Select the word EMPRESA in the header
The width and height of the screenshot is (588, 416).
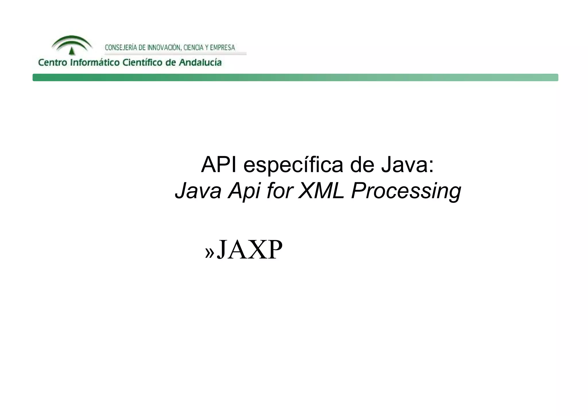point(223,48)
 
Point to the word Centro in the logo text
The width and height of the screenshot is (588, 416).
point(53,63)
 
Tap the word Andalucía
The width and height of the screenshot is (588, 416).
point(200,63)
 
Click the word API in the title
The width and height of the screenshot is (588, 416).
point(219,165)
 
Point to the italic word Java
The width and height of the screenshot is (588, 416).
point(198,191)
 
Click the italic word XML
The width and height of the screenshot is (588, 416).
point(321,191)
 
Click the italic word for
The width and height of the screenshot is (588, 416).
point(280,191)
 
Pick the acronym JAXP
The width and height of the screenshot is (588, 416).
point(249,250)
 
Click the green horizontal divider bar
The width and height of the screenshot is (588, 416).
point(295,77)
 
